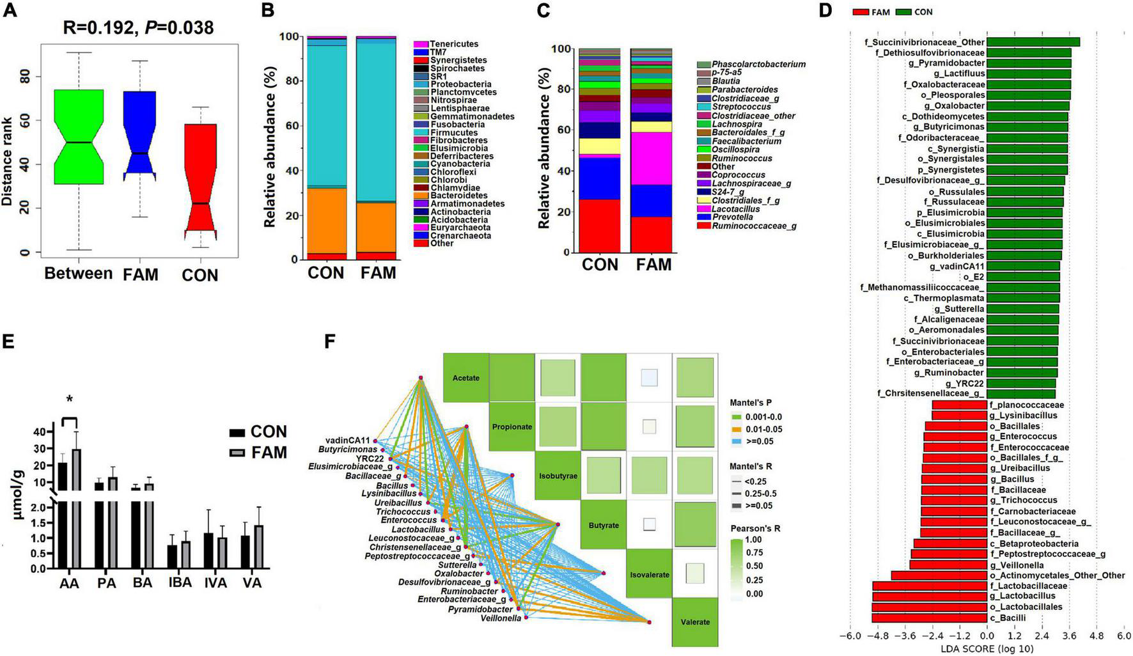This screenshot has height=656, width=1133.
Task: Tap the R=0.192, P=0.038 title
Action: click(x=138, y=27)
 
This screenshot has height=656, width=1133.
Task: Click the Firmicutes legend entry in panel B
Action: click(x=453, y=132)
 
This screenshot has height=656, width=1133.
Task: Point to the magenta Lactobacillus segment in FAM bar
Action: click(x=651, y=158)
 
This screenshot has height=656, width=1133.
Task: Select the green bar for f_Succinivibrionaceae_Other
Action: click(x=1033, y=42)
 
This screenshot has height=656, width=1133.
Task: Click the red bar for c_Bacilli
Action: click(x=929, y=618)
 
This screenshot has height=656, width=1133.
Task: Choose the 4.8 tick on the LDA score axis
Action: click(x=1097, y=637)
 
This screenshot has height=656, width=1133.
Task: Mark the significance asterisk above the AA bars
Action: click(x=70, y=400)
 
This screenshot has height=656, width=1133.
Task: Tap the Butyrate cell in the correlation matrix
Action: click(x=604, y=525)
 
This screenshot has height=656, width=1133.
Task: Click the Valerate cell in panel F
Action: click(x=695, y=621)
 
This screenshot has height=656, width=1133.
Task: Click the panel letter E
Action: click(x=8, y=341)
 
